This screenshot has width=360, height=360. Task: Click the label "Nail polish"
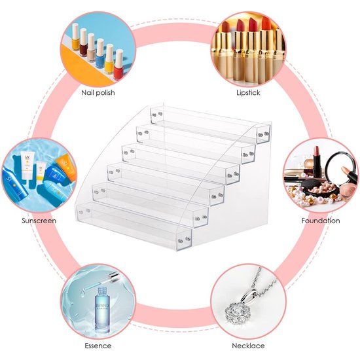pos(97,93)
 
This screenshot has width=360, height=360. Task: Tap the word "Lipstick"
pos(248,93)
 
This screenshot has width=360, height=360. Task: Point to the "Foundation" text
pos(321,221)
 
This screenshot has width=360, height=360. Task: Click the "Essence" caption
pos(98,346)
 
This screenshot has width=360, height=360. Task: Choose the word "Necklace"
pos(248,346)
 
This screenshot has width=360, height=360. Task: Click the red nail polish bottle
pos(118,65)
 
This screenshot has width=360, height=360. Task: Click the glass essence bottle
pos(103,310)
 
